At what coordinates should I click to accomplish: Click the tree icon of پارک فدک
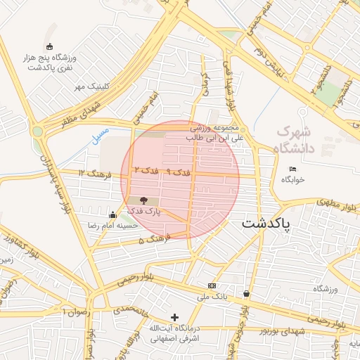point(144,200)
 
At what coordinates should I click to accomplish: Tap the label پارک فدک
point(148,211)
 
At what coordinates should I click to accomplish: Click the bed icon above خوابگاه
point(292,169)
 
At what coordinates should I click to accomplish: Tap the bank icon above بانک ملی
point(212,285)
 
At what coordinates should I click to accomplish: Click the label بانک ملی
point(214,296)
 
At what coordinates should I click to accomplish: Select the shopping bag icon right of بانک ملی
point(246,293)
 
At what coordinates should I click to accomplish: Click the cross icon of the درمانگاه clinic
point(174,318)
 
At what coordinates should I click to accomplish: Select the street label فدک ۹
point(179,172)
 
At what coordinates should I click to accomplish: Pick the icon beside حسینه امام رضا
point(112,214)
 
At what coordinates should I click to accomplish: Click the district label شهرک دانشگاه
point(294,139)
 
